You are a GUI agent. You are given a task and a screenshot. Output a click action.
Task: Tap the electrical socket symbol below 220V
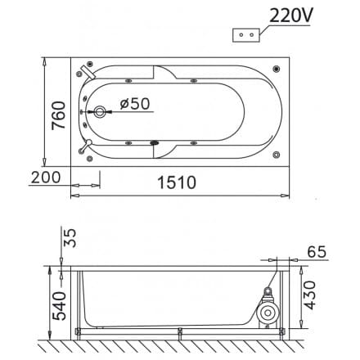247,34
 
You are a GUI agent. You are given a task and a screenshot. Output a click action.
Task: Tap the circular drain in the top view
100,113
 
